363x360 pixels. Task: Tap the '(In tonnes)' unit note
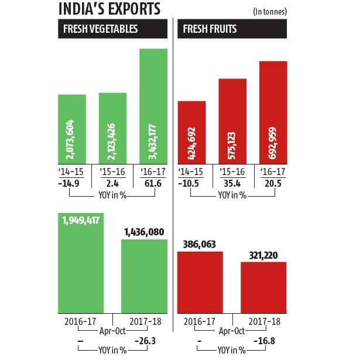[x=270, y=11]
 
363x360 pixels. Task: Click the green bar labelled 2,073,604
[x=72, y=129]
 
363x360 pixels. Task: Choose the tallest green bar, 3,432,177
[x=153, y=106]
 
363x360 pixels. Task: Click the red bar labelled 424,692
[x=191, y=132]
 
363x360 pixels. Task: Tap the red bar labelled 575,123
[x=232, y=121]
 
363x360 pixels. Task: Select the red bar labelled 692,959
[x=273, y=112]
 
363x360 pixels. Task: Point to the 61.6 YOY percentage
[x=153, y=184]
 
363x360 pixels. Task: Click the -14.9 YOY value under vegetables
[x=70, y=184]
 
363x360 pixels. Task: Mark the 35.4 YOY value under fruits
[x=232, y=184]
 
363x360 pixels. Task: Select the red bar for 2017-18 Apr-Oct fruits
[x=263, y=287]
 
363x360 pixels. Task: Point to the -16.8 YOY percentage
[x=264, y=340]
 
